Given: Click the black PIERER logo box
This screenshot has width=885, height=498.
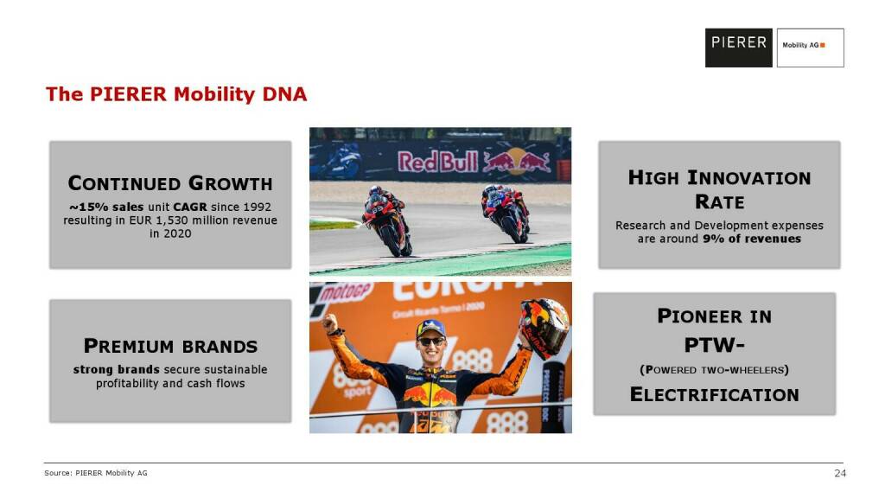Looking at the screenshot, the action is (x=738, y=48).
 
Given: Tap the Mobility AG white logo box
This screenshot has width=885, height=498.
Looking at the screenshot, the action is (x=810, y=48).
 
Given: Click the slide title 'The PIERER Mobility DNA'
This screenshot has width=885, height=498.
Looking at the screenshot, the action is (x=176, y=94).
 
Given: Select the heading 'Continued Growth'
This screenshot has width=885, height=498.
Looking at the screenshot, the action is (x=170, y=183).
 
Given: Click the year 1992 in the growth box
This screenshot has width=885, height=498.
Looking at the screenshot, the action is (x=257, y=207).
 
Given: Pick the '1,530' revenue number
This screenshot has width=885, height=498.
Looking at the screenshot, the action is (x=172, y=220).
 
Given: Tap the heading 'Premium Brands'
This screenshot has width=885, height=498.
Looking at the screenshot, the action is (x=170, y=346).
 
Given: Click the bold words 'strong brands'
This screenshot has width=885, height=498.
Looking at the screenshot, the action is (x=117, y=370).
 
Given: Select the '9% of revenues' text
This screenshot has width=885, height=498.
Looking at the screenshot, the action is (x=752, y=239).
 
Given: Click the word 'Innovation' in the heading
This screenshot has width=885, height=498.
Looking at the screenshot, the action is (x=749, y=178).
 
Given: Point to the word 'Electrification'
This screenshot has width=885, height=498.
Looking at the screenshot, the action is (x=715, y=394).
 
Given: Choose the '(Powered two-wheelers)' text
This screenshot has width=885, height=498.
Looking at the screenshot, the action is (x=715, y=370).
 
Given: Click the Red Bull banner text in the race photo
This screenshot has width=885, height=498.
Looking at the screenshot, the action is (x=438, y=162).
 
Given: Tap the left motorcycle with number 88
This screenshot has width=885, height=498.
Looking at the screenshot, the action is (x=387, y=221).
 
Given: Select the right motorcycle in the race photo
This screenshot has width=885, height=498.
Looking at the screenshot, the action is (x=506, y=214).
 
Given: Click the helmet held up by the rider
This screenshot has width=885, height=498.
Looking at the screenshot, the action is (x=544, y=327).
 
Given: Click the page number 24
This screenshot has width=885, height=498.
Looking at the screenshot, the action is (x=840, y=473).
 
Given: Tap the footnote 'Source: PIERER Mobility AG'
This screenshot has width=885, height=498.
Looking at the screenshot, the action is (x=96, y=473).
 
